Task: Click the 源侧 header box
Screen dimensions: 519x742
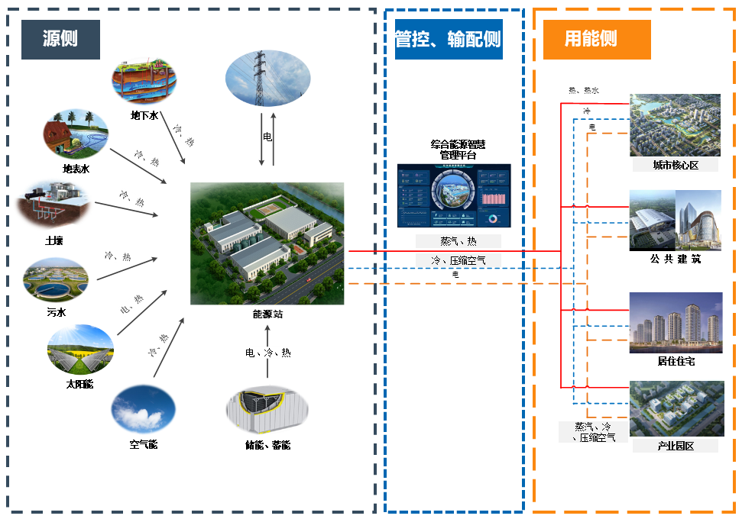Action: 60,39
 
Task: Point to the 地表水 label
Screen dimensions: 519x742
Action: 76,169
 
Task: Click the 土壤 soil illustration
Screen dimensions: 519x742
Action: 54,204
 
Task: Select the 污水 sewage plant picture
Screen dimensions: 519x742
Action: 56,279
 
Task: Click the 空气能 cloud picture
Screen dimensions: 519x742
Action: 143,409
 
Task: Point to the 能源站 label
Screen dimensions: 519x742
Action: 267,314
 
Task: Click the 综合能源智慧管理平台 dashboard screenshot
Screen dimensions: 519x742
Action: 454,195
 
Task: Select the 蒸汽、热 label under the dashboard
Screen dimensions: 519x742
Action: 458,241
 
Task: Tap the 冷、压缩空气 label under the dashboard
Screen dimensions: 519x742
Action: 458,260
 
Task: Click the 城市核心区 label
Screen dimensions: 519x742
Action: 675,165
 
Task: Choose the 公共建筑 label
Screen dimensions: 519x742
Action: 675,259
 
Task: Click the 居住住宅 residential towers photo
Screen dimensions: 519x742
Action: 675,322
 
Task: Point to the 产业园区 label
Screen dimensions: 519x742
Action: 675,446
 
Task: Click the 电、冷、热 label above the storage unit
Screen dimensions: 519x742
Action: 267,353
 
